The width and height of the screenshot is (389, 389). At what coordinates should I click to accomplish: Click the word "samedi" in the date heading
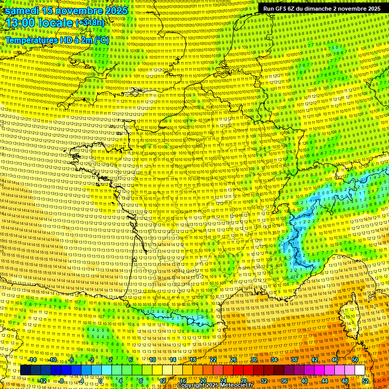22,11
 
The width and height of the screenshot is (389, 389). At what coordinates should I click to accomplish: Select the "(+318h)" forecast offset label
90,23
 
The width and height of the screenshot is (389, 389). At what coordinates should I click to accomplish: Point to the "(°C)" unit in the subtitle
101,40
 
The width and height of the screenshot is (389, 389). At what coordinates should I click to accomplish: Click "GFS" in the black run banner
288,9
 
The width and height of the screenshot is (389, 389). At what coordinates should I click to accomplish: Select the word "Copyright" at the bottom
191,385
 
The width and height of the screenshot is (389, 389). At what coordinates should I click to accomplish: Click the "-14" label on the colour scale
32,360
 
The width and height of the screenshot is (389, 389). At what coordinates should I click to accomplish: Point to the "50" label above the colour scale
355,360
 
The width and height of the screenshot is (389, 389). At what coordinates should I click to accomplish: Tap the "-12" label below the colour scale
42,381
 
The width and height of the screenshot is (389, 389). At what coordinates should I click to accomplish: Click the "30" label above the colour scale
253,360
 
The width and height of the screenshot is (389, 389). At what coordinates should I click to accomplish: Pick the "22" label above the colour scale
213,360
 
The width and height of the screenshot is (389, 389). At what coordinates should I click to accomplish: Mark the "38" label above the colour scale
294,360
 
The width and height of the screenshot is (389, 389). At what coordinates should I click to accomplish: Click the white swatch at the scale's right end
360,370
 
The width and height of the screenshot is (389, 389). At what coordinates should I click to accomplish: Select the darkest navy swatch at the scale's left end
25,370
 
